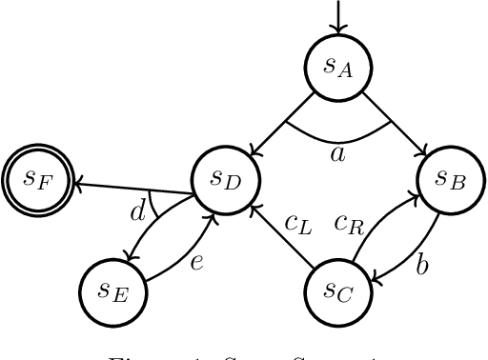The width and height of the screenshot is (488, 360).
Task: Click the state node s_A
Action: [338, 67]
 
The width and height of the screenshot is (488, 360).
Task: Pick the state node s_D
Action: [225, 178]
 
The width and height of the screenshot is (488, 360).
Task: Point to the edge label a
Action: [337, 151]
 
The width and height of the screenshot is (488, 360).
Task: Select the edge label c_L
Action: [298, 224]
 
